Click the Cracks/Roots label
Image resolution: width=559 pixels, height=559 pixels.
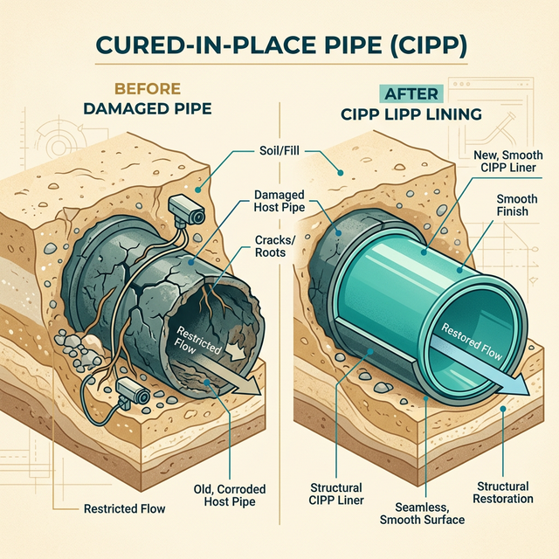pos(273,246)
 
